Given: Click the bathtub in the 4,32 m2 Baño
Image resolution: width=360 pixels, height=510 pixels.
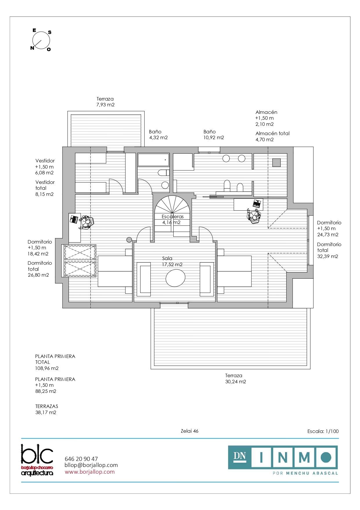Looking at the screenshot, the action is tap(153, 160).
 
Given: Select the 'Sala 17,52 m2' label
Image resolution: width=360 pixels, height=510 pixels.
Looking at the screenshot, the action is tap(172, 261).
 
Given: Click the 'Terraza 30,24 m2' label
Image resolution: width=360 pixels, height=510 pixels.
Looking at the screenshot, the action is tap(235, 378).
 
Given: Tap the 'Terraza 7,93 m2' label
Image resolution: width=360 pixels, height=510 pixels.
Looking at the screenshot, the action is tap(105, 102).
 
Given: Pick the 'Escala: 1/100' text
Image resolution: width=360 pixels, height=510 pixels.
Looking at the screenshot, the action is tap(323, 431).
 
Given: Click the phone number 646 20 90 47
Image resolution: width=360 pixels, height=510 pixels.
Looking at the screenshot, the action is tap(81, 459).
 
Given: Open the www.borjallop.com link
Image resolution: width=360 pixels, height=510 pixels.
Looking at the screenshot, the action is tap(90, 472).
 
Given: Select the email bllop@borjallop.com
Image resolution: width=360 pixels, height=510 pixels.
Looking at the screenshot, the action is tap(91, 465).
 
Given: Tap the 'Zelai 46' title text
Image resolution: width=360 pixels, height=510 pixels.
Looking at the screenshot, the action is tap(190, 431).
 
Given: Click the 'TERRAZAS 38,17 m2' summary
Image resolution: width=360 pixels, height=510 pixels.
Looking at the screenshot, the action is tap(46, 409).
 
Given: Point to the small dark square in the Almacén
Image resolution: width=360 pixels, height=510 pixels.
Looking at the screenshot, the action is tap(276, 162).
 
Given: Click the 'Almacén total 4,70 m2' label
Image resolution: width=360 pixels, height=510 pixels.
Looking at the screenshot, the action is tap(273, 136).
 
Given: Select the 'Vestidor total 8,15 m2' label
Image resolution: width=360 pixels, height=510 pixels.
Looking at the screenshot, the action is tap(45, 188).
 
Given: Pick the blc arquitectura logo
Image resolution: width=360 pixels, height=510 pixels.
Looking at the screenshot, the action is tap(37, 459).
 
